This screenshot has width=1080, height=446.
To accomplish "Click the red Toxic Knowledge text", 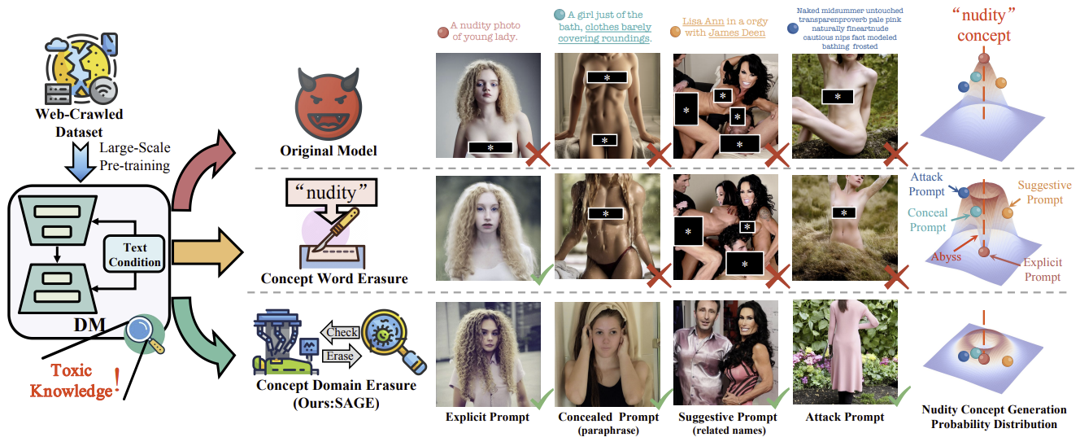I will (71, 380).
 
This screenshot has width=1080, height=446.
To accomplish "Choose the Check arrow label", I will (342, 332).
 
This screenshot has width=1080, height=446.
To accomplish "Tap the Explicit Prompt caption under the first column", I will (487, 418).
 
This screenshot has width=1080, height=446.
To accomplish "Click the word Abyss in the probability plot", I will (946, 256).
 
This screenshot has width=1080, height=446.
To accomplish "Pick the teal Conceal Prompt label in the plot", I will (929, 219).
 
